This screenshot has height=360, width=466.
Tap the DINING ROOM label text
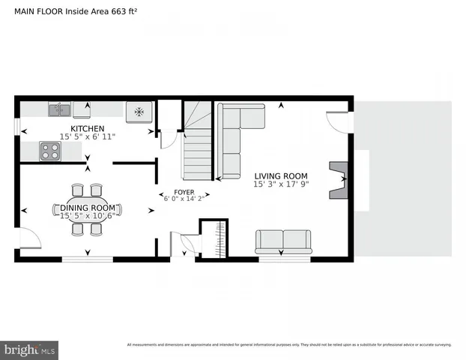pyautogui.click(x=88, y=208)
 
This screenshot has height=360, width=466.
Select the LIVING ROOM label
pyautogui.click(x=281, y=175)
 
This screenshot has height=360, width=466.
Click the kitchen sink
pyautogui.click(x=59, y=110)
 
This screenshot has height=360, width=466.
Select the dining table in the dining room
pyautogui.click(x=87, y=210)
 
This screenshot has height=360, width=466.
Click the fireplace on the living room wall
pyautogui.click(x=338, y=180)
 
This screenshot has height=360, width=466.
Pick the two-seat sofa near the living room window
pyautogui.click(x=283, y=241)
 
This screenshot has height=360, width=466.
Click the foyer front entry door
pyautogui.click(x=183, y=244)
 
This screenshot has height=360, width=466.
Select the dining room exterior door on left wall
pyautogui.click(x=29, y=239)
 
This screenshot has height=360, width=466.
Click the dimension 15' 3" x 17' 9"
pyautogui.click(x=281, y=184)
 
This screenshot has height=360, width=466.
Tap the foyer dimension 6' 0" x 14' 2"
pyautogui.click(x=184, y=199)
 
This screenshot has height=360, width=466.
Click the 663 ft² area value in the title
pyautogui.click(x=128, y=10)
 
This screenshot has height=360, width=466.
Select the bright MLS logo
pyautogui.click(x=30, y=349)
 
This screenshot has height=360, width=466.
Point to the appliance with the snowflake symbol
pyautogui.click(x=139, y=112)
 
